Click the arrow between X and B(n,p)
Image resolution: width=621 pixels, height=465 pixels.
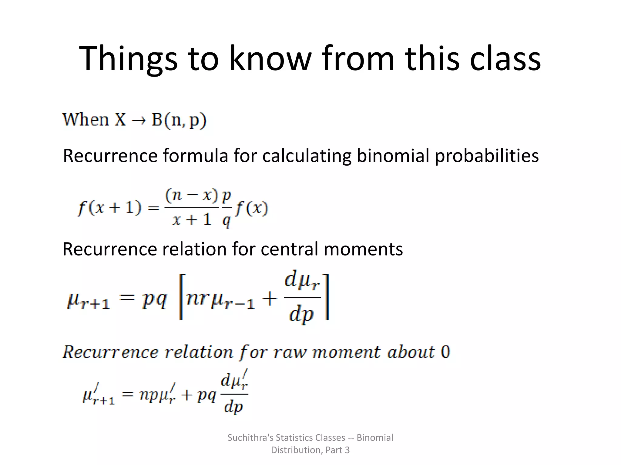(x=138, y=121)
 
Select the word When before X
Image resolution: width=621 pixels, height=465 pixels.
(x=85, y=120)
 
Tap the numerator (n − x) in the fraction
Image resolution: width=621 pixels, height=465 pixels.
(x=192, y=196)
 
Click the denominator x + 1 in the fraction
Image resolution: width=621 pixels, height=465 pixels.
(x=192, y=219)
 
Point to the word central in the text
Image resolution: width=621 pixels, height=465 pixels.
(x=289, y=249)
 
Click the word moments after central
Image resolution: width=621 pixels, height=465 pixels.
(x=363, y=249)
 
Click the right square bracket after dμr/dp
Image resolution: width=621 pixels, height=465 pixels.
(x=327, y=297)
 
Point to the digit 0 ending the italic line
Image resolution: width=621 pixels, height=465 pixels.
(x=445, y=352)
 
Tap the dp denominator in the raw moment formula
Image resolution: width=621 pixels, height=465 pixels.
(x=233, y=407)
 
